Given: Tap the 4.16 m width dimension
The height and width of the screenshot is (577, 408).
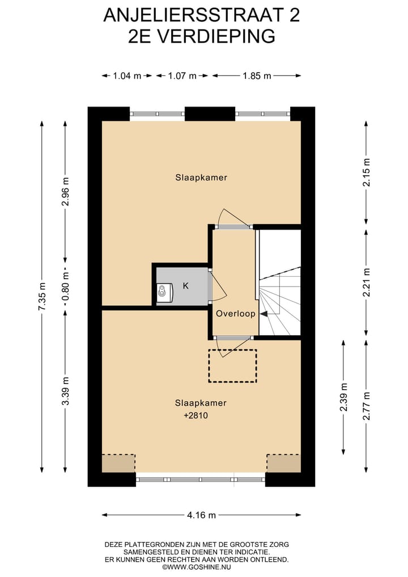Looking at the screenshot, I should click(201, 515).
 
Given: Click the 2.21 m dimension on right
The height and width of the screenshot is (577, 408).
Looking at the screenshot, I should click(367, 282).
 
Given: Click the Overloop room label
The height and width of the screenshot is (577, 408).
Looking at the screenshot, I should click(235, 313).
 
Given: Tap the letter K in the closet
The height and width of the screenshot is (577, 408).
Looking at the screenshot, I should click(185, 286).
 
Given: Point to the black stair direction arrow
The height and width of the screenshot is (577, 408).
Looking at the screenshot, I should click(264, 313).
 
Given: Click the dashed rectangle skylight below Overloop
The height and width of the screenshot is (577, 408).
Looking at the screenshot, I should click(232, 365).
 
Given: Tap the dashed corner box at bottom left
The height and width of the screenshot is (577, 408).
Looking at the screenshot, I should click(118, 463).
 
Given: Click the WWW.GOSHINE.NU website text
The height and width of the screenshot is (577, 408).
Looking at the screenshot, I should click(197, 567).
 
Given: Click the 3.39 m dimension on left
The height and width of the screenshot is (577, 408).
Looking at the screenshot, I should click(66, 391).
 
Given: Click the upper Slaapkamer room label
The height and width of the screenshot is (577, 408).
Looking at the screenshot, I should click(201, 178).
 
